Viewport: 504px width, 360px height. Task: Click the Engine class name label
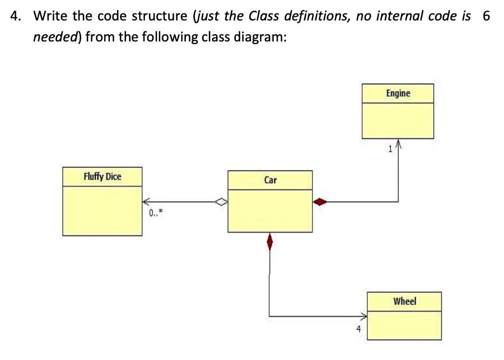[x=398, y=93]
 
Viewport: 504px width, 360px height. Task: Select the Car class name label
[x=270, y=180]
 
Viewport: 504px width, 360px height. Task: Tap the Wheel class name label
[x=404, y=301]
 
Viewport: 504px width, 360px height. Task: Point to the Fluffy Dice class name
[x=102, y=176]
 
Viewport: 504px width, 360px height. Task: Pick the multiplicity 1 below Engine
[x=390, y=149]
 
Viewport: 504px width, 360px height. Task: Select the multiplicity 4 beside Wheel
[x=358, y=329]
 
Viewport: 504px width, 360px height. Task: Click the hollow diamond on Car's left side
[x=221, y=202]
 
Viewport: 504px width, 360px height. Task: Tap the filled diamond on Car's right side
[x=320, y=202]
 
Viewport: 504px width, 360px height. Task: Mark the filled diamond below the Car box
[x=270, y=241]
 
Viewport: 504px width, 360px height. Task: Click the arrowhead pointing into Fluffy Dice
[x=146, y=202]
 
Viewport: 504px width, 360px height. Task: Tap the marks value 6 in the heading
[x=486, y=16]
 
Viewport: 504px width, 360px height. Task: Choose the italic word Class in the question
[x=266, y=16]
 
